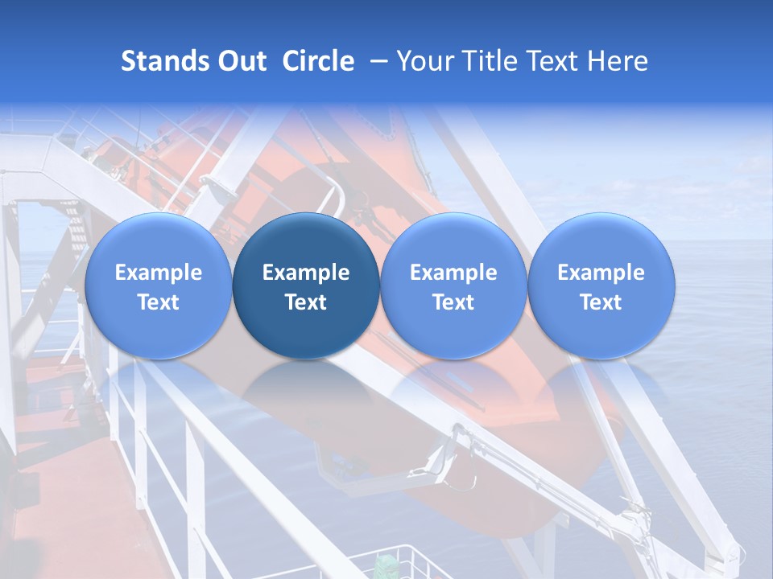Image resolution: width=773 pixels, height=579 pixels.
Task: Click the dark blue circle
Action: (306, 285)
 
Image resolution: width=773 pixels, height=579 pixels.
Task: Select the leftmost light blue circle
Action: (159, 285)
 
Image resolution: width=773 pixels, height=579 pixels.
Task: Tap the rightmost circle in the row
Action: (601, 285)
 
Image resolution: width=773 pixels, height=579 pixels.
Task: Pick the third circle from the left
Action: (453, 285)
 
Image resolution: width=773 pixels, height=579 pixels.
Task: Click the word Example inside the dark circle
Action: (306, 273)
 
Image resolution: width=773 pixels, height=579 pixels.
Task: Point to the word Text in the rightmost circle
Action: (601, 302)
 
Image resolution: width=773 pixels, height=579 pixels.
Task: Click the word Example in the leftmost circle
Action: (159, 273)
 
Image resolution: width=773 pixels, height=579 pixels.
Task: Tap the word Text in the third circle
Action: (453, 302)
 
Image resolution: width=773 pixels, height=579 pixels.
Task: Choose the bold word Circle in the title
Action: (318, 61)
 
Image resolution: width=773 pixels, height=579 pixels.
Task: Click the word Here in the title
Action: (618, 61)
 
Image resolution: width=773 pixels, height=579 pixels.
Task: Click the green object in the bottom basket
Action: (387, 563)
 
